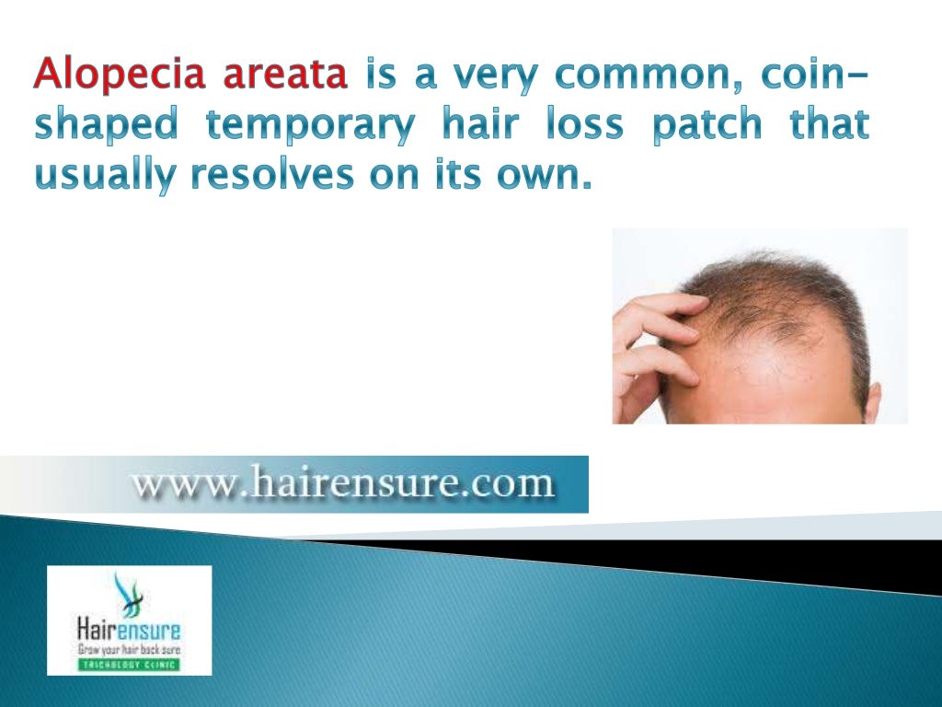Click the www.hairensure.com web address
coord(343,484)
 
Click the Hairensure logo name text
coord(129,632)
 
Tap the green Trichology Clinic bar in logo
coord(129,664)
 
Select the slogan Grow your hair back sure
coord(129,650)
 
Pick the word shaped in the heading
coord(109,125)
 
